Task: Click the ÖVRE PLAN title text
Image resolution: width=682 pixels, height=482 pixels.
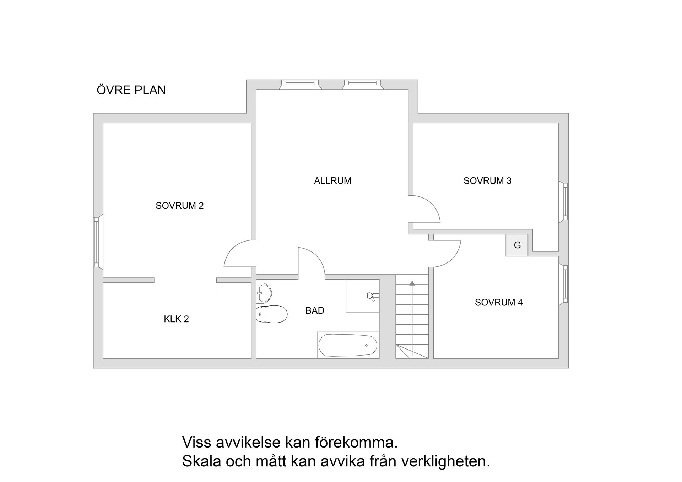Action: pyautogui.click(x=131, y=90)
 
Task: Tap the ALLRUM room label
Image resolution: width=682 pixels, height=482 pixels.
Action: pyautogui.click(x=332, y=181)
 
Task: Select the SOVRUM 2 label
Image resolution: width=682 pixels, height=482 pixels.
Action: pyautogui.click(x=179, y=206)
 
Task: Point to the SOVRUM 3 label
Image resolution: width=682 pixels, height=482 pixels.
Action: pyautogui.click(x=487, y=181)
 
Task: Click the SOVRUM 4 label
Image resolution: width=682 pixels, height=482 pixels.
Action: pyautogui.click(x=499, y=302)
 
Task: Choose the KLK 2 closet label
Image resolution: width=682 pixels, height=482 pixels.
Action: pyautogui.click(x=176, y=319)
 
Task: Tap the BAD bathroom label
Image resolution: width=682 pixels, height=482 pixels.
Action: pyautogui.click(x=315, y=310)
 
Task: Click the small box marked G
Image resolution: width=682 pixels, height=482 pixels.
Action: pyautogui.click(x=517, y=245)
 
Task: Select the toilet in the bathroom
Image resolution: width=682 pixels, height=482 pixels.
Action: pyautogui.click(x=272, y=314)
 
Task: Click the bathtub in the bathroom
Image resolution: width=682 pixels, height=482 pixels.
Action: pyautogui.click(x=348, y=345)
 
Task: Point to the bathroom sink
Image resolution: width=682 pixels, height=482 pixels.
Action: pyautogui.click(x=264, y=293)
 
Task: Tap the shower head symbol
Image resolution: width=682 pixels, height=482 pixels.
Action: pyautogui.click(x=371, y=296)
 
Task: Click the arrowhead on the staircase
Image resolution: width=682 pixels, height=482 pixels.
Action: pyautogui.click(x=412, y=283)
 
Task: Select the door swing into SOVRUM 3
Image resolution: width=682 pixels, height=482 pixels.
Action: pyautogui.click(x=426, y=208)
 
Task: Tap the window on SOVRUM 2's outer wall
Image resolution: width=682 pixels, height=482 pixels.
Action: pyautogui.click(x=96, y=242)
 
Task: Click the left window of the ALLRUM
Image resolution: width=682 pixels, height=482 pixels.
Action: pyautogui.click(x=300, y=83)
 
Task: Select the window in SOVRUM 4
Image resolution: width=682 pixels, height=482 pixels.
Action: pyautogui.click(x=565, y=284)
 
